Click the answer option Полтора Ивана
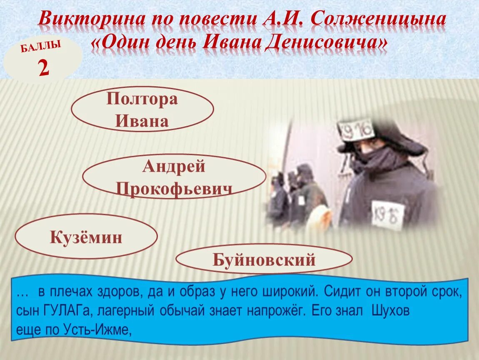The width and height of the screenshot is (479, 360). click(142, 110)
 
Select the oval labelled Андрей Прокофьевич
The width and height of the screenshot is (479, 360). click(174, 177)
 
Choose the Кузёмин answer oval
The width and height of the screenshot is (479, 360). click(86, 237)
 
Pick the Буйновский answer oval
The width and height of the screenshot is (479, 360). click(264, 260)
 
